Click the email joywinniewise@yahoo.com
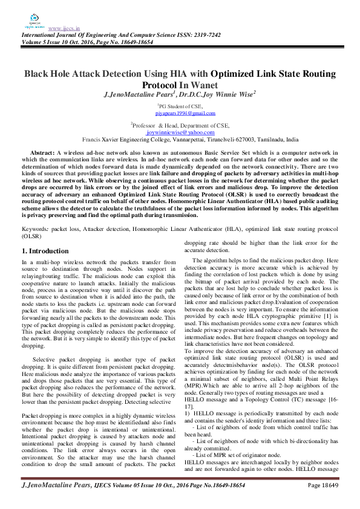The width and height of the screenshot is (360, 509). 181,132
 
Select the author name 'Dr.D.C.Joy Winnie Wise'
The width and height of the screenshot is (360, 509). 217,94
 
